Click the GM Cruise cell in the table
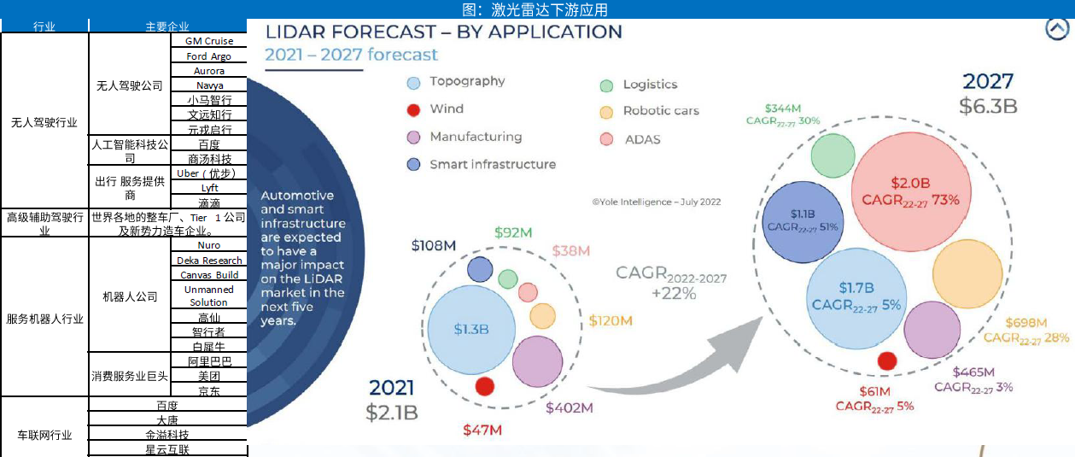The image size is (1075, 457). click(x=208, y=41)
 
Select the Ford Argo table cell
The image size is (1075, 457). click(x=208, y=56)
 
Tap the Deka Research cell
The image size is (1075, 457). click(x=209, y=261)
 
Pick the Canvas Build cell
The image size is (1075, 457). click(x=209, y=275)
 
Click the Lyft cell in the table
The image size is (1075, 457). click(x=209, y=188)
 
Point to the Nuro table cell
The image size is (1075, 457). click(x=209, y=246)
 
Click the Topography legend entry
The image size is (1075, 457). click(x=467, y=82)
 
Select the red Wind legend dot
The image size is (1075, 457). click(x=414, y=110)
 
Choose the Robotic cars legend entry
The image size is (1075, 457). click(x=660, y=111)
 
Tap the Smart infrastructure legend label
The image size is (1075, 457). click(x=493, y=165)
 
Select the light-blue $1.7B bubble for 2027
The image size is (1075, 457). click(x=856, y=296)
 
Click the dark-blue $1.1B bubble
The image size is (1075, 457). click(x=803, y=220)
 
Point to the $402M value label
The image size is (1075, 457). click(x=570, y=408)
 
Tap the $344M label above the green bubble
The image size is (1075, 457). click(x=783, y=108)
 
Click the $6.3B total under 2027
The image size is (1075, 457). click(x=988, y=108)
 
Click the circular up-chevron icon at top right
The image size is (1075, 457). click(x=1057, y=29)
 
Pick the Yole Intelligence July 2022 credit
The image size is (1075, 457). click(x=657, y=202)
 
